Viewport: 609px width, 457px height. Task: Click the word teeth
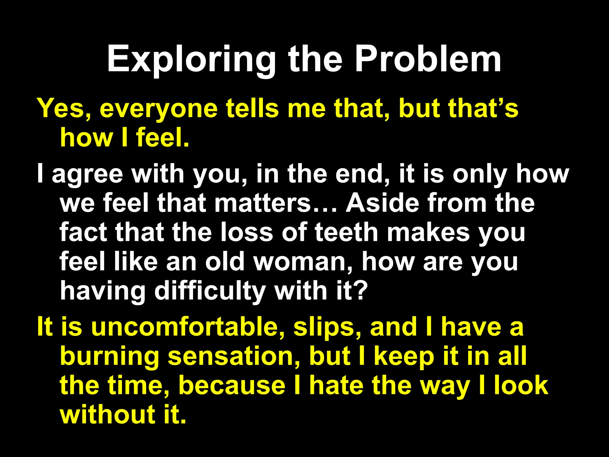(346, 232)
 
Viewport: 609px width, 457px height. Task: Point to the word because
(232, 385)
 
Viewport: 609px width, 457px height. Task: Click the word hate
(336, 385)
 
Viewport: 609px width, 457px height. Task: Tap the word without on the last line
(107, 414)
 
